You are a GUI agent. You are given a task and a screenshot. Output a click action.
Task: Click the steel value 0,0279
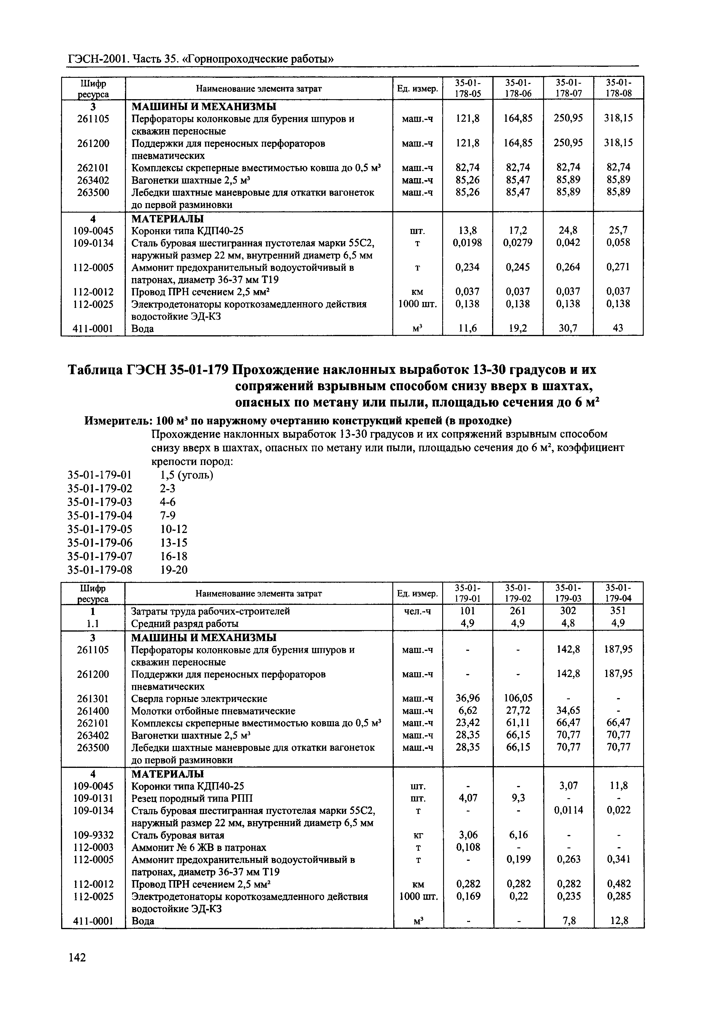click(x=518, y=243)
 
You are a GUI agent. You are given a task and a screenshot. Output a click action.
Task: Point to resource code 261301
click(x=93, y=698)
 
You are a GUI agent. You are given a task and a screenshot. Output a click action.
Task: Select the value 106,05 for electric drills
click(x=518, y=698)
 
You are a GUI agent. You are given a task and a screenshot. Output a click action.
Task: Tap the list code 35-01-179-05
click(x=100, y=529)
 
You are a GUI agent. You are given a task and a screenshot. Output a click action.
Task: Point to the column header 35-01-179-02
click(x=518, y=593)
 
